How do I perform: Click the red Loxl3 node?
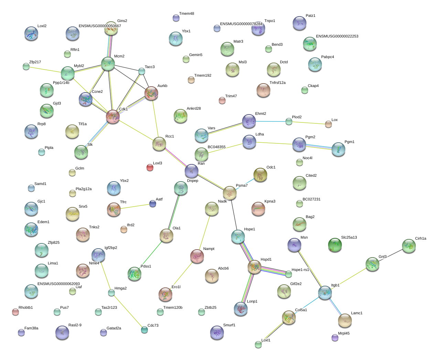coord(150,167)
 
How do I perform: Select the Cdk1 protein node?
coord(113,117)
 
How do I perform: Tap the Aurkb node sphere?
coord(151,93)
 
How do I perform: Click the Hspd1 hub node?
coord(255,267)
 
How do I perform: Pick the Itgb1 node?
coord(325,293)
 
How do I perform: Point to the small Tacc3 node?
coord(142,71)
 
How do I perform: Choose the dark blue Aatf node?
coord(153,204)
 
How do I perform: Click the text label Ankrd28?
coord(194,108)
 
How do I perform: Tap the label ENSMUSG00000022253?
coord(337,36)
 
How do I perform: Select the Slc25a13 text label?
coord(349,237)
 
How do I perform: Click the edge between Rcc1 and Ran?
coord(175,157)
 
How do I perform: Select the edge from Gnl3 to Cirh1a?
coord(390,255)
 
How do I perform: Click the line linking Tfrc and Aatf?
coord(135,206)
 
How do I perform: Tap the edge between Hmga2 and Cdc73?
coord(128,311)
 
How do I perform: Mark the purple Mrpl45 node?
coord(335,338)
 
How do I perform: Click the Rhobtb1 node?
coord(15,312)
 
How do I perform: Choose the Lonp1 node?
coord(240,309)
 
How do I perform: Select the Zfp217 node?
coord(26,66)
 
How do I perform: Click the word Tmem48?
coord(187,14)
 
